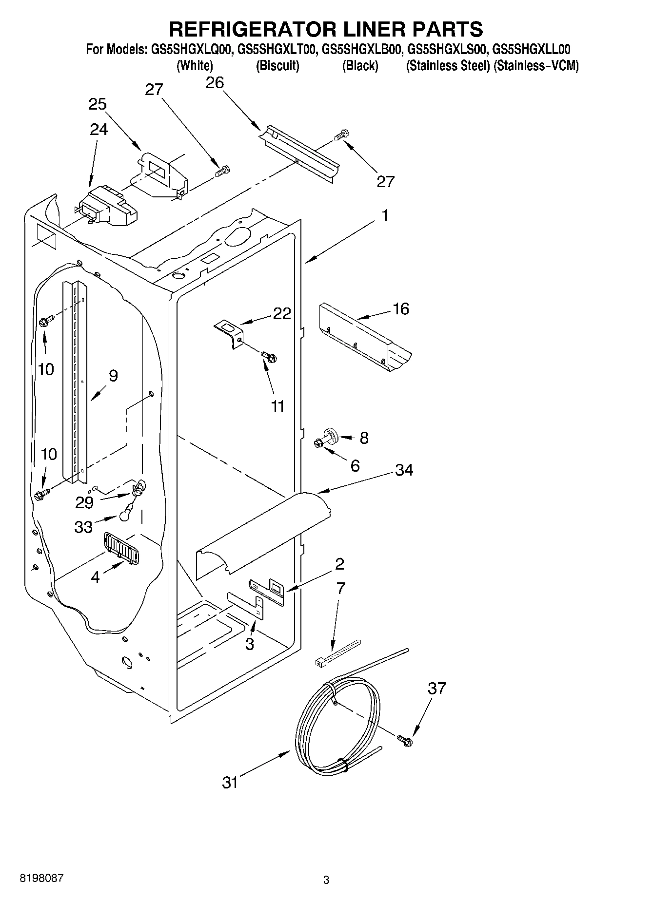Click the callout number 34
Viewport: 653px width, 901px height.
(x=404, y=470)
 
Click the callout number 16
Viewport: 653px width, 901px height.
(x=401, y=309)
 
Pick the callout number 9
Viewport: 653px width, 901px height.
(x=113, y=376)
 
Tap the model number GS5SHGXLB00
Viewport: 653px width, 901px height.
(x=361, y=50)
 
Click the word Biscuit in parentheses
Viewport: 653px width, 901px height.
(x=277, y=66)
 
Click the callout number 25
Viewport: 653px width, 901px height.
(x=98, y=104)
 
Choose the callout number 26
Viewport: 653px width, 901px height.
(x=215, y=83)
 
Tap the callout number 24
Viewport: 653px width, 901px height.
(x=99, y=129)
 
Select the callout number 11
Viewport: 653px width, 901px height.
(x=277, y=406)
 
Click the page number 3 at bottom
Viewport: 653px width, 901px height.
(x=326, y=880)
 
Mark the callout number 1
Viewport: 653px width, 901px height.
(x=385, y=215)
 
